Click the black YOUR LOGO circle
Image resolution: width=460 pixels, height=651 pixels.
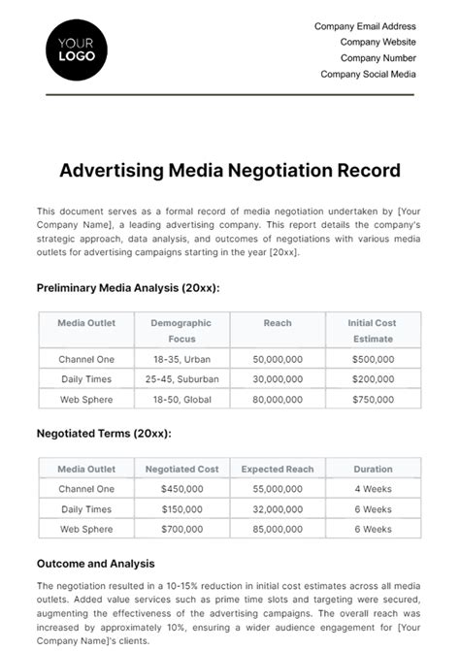pos(77,50)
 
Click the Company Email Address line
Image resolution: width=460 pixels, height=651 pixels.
pos(365,26)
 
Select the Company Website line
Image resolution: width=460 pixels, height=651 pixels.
pos(378,42)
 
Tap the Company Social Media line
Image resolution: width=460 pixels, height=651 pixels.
pos(368,74)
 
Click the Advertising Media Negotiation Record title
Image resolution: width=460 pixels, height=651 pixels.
pos(230,171)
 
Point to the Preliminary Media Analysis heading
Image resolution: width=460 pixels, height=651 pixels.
pos(128,288)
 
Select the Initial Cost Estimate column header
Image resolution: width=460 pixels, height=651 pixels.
pos(373,331)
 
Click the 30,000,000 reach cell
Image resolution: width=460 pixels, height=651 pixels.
pos(278,378)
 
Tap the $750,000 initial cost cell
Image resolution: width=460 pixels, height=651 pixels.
pos(373,398)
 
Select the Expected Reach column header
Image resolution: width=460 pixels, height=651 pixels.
pos(278,469)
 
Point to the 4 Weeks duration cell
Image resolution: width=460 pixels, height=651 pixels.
pos(373,489)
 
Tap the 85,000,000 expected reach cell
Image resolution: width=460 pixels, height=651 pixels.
pos(278,529)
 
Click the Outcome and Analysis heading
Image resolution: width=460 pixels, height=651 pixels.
pos(95,564)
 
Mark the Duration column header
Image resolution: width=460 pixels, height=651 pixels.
pos(373,469)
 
